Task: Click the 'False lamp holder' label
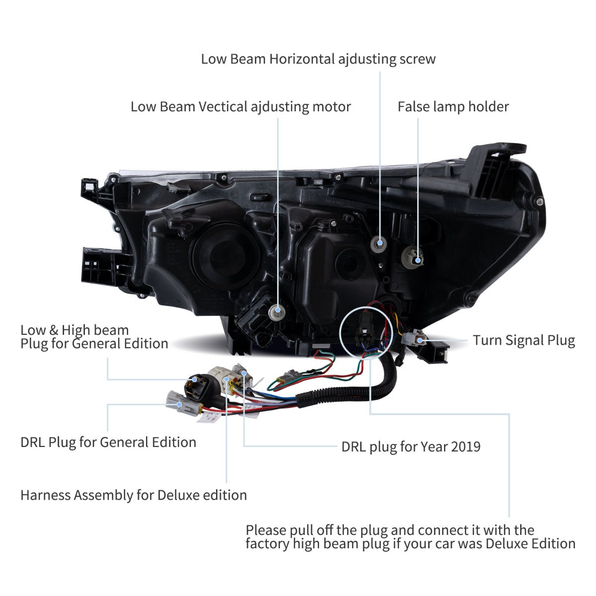pos(453,107)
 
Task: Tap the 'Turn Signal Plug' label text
pos(523,341)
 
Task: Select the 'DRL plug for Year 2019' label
pos(411,447)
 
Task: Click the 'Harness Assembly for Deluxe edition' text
pos(134,495)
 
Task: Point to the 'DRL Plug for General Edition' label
pos(108,442)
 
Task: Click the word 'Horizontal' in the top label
pos(302,59)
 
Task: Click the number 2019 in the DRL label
pos(464,447)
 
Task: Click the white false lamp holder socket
pos(414,254)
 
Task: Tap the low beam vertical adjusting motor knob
pos(278,312)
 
